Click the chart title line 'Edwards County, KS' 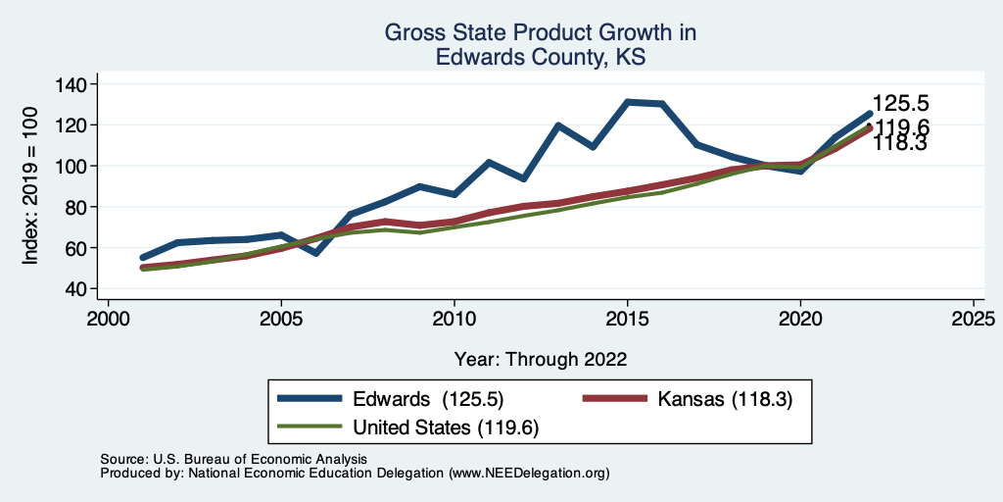pyautogui.click(x=541, y=58)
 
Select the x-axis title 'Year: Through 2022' pyautogui.click(x=541, y=359)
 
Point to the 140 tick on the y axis pyautogui.click(x=70, y=84)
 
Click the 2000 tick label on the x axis pyautogui.click(x=108, y=319)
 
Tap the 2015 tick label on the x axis pyautogui.click(x=627, y=319)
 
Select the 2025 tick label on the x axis pyautogui.click(x=974, y=319)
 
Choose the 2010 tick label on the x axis pyautogui.click(x=454, y=319)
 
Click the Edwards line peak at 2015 pyautogui.click(x=627, y=102)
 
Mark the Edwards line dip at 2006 pyautogui.click(x=315, y=253)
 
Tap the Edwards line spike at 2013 pyautogui.click(x=557, y=125)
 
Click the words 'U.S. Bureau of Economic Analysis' pyautogui.click(x=258, y=459)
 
